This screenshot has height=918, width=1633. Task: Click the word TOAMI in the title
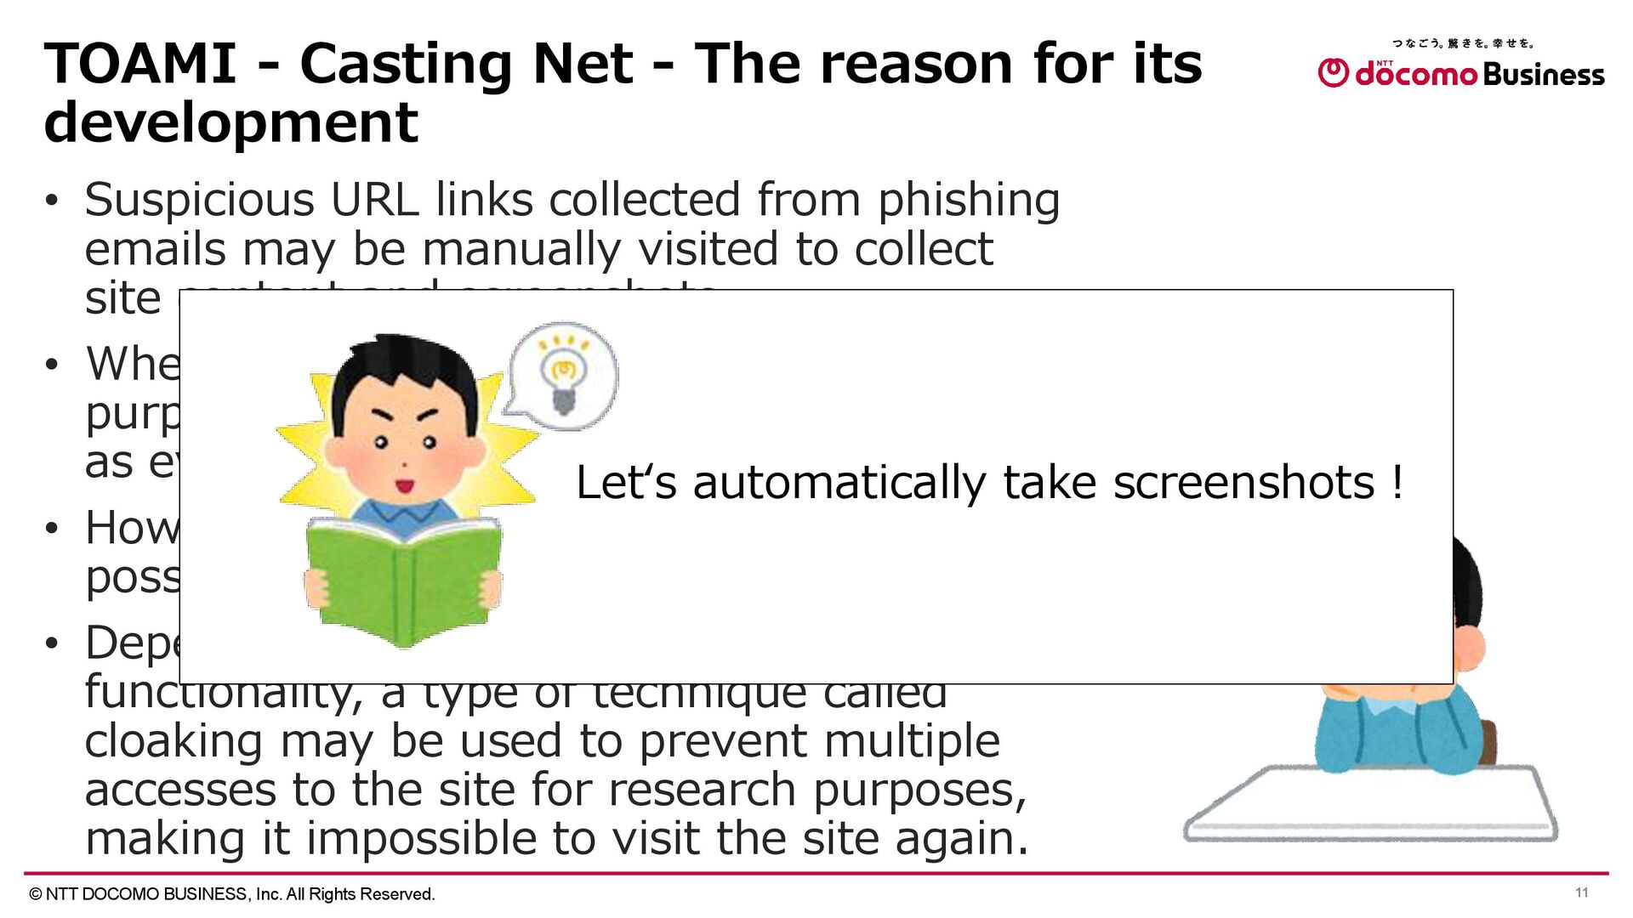[140, 64]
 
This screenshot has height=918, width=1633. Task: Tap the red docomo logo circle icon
[1333, 73]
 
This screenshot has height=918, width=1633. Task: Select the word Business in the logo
[1543, 75]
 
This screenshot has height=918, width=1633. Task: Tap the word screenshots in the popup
[1243, 483]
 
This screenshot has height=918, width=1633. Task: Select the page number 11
[1581, 892]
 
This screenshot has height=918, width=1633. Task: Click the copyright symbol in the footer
[36, 894]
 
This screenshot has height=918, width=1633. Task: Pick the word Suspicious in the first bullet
[199, 200]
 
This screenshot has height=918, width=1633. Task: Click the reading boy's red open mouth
[404, 486]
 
